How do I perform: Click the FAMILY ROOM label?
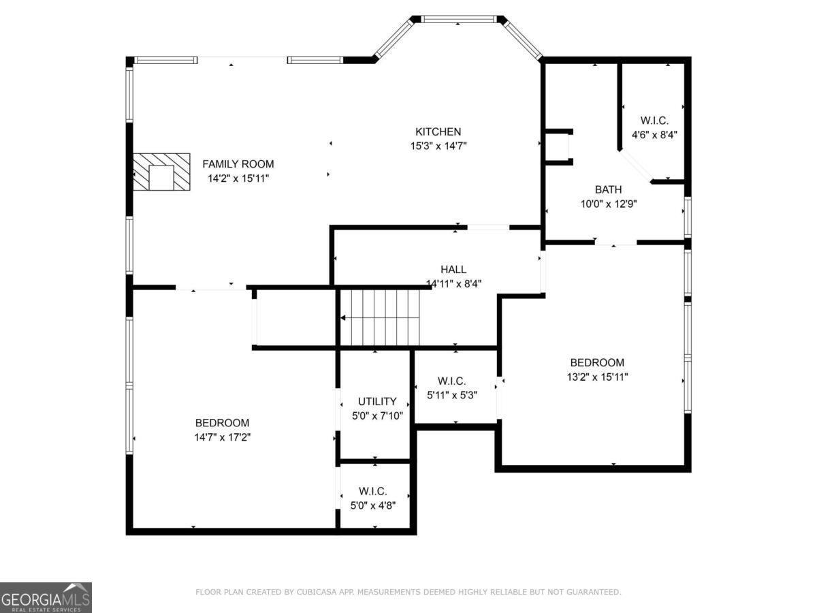click(238, 163)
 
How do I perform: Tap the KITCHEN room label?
click(438, 131)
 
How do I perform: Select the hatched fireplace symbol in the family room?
click(161, 172)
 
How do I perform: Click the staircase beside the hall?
click(380, 317)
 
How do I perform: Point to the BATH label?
click(607, 189)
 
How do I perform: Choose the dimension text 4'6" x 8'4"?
click(654, 135)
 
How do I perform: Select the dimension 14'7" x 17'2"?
click(222, 437)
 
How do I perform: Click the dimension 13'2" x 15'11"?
click(597, 377)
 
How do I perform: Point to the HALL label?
click(453, 270)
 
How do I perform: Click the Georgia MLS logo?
click(46, 597)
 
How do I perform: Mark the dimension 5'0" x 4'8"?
click(372, 505)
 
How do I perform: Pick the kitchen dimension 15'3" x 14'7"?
click(438, 146)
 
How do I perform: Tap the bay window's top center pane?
click(458, 19)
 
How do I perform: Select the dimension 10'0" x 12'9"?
click(607, 203)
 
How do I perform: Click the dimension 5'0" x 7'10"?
click(377, 415)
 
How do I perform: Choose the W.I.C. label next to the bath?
click(654, 121)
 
